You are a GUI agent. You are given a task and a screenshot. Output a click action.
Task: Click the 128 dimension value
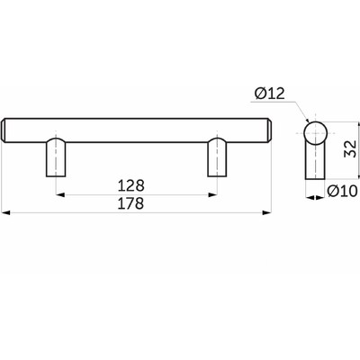130,185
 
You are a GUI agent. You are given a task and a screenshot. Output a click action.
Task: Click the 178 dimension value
130,203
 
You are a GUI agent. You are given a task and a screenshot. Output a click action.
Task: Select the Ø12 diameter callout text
269,94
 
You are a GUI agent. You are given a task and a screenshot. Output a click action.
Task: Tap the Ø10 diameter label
343,191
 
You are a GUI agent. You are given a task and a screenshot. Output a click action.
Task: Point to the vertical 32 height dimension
350,148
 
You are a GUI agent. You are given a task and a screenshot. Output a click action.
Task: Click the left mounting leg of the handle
56,157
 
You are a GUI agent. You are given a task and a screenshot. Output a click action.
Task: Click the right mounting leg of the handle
217,157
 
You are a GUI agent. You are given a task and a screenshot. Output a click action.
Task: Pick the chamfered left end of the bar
4,130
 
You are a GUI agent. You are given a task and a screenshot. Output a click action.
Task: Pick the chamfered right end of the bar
269,130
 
